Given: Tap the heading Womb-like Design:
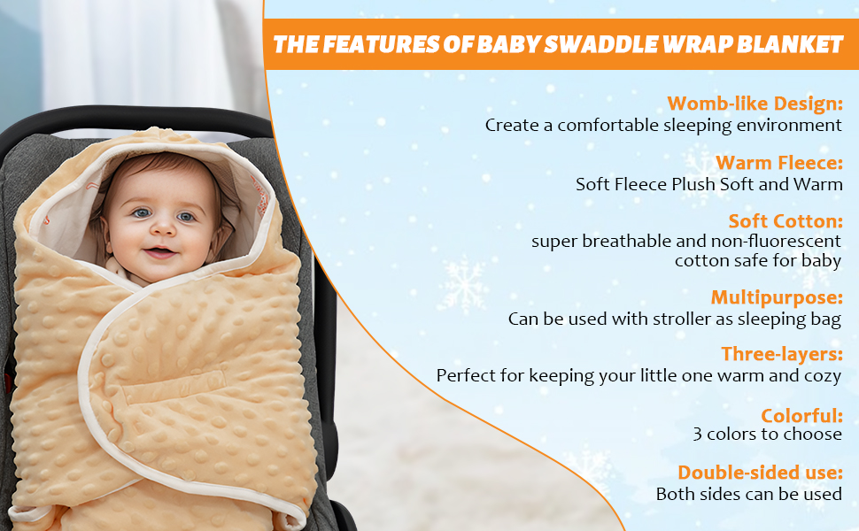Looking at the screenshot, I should pyautogui.click(x=755, y=104).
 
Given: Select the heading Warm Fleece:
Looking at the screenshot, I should pyautogui.click(x=779, y=163).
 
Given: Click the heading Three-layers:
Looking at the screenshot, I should pyautogui.click(x=781, y=354).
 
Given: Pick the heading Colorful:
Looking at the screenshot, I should pyautogui.click(x=801, y=414).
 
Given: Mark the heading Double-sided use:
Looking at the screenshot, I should pyautogui.click(x=760, y=473).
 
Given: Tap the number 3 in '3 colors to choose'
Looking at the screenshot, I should pyautogui.click(x=699, y=435).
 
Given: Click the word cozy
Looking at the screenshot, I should pyautogui.click(x=822, y=376).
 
